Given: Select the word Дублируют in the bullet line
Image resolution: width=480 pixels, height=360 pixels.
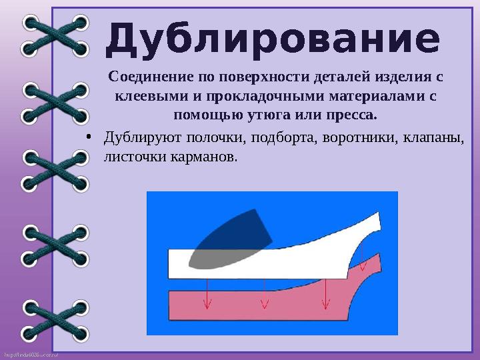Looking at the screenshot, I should (x=137, y=138).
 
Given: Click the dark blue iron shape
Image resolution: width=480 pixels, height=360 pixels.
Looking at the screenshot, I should (x=227, y=233).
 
